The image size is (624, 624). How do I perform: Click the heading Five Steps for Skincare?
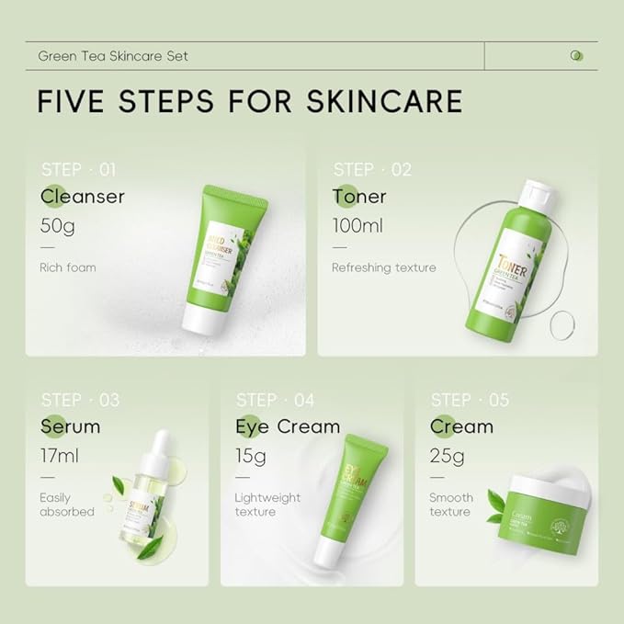(x=249, y=100)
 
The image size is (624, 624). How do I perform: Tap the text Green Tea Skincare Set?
(x=113, y=55)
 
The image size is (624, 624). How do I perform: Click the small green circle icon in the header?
(x=576, y=55)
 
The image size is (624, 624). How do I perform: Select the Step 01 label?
(x=79, y=169)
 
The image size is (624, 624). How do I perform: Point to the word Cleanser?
(x=83, y=197)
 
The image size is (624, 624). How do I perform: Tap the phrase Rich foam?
(x=68, y=268)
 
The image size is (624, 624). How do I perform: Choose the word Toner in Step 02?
(x=359, y=197)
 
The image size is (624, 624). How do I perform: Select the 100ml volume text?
(x=358, y=224)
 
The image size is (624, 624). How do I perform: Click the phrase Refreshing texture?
(x=384, y=268)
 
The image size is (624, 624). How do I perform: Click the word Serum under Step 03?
(x=71, y=426)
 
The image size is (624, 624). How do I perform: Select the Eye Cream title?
(x=288, y=426)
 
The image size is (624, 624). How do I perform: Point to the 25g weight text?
(x=448, y=455)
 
